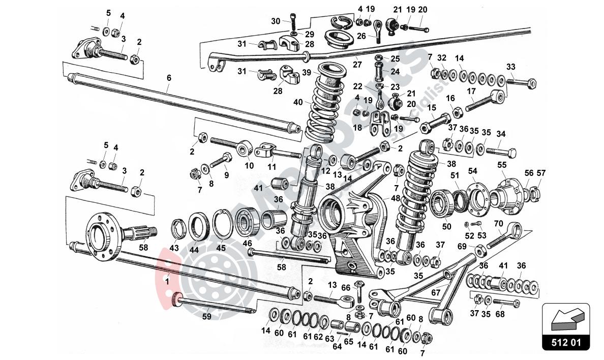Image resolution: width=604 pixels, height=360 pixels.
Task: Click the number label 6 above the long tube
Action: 169,78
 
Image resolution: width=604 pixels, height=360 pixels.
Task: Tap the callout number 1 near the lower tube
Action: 167,279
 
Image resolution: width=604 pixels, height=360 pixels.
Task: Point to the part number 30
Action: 275,21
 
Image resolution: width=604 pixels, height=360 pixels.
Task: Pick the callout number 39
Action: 306,73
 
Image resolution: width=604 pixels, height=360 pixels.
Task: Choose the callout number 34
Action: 501,134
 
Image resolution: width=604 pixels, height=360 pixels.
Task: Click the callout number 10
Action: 249,165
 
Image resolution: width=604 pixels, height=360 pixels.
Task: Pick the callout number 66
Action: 345,287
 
